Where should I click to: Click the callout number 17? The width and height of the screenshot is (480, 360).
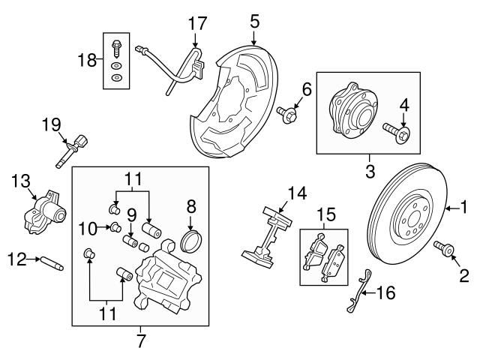(x=196, y=22)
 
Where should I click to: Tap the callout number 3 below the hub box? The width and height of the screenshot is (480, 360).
(x=370, y=172)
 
